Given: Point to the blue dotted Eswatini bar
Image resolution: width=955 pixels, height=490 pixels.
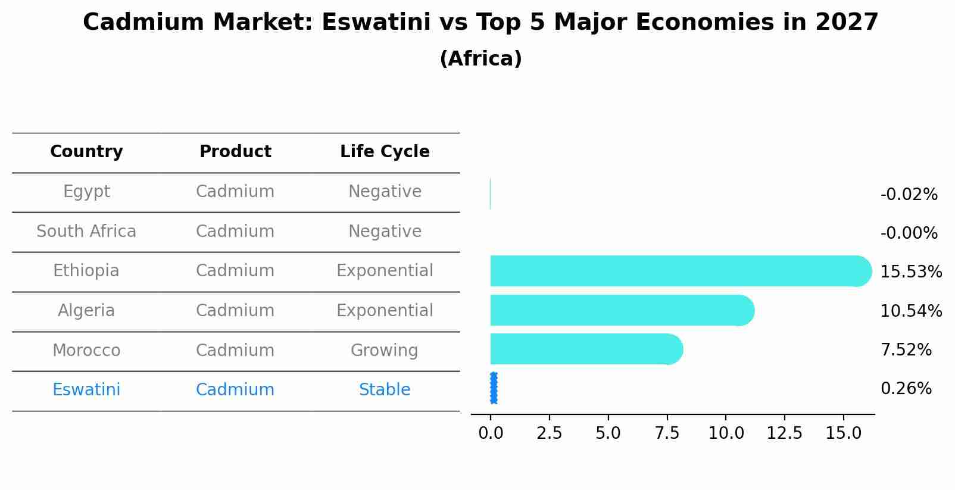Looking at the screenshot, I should coord(494,388).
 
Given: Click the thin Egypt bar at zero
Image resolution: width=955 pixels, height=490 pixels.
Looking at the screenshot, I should coord(490,194).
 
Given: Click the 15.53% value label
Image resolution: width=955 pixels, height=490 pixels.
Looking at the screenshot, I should coord(910,272).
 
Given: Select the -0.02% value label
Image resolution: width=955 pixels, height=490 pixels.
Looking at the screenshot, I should coord(909,195).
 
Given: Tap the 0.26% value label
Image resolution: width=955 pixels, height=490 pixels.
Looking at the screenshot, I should coord(906,389).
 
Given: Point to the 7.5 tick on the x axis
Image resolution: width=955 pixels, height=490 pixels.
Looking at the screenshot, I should coord(667,433).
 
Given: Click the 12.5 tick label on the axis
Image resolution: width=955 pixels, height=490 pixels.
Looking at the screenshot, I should coord(784,433).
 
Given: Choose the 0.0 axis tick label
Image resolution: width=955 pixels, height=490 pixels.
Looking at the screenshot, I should coord(491,433).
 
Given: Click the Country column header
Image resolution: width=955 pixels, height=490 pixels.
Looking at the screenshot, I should coord(86,152).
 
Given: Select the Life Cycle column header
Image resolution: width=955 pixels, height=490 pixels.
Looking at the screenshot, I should coord(385,152).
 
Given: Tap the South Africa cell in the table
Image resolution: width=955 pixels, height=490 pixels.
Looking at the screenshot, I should coord(86,232).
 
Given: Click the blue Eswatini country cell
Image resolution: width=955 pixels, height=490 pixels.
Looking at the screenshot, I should coord(86,390).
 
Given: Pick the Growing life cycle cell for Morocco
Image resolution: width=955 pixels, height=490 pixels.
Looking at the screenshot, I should coord(385,350).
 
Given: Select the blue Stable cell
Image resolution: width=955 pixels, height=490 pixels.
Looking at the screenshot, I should coord(385,390).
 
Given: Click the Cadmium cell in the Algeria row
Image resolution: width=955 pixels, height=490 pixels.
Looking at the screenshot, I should coord(235,311).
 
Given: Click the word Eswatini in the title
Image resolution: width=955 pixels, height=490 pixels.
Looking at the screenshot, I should coord(376,23).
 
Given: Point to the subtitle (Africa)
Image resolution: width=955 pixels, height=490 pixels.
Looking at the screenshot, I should coord(480,59).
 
